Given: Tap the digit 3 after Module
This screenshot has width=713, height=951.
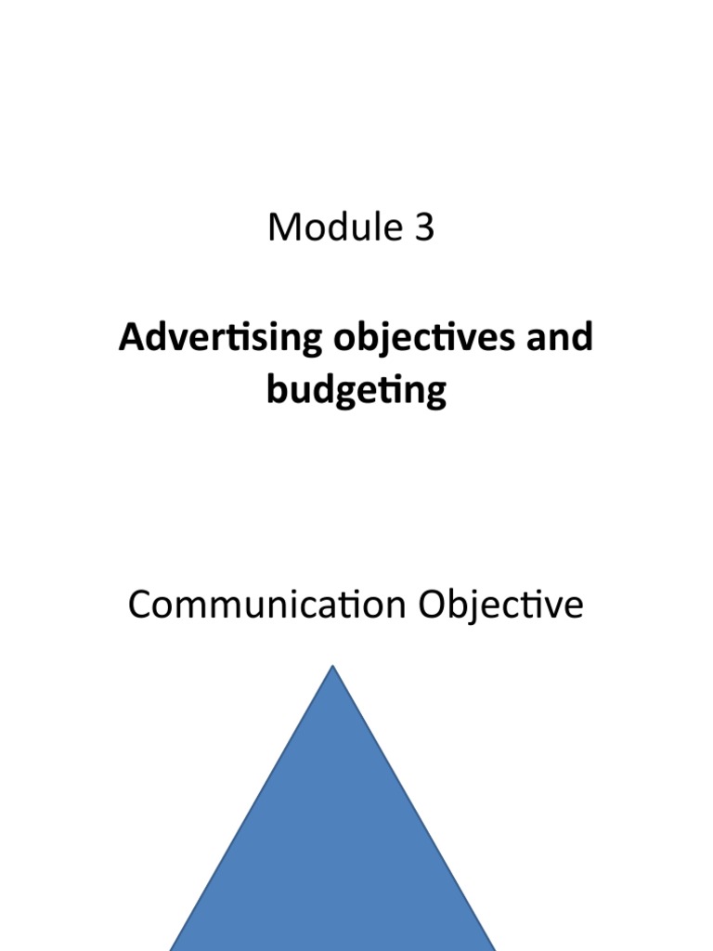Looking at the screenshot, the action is point(423,228).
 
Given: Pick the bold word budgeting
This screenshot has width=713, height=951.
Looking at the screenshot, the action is point(356,391).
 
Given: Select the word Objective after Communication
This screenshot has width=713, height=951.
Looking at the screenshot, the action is point(501,605).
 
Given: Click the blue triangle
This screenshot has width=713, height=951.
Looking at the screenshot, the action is point(332,836).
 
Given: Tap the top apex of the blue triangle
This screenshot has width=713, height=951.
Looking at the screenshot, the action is point(332,668).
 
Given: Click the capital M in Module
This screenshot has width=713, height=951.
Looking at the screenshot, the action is point(282,228).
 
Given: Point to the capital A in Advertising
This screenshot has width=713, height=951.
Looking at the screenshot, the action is point(130,338).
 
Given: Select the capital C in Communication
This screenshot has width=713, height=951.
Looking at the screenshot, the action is point(139,605).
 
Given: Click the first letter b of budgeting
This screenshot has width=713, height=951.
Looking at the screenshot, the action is point(276,391).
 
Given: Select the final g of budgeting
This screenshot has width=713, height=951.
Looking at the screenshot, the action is point(435,394).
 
